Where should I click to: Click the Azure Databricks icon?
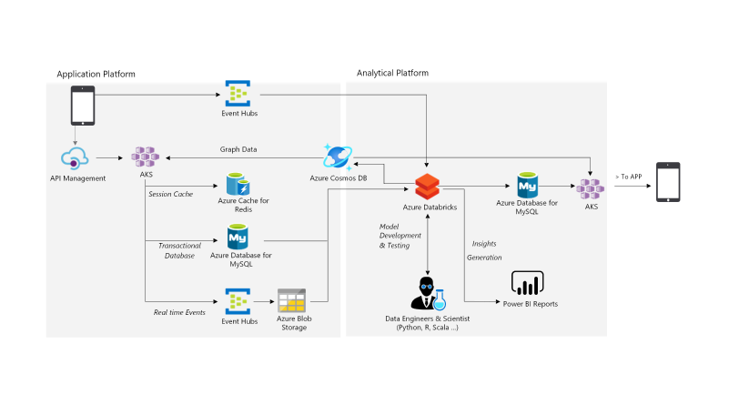(x=429, y=187)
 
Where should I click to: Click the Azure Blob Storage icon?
(x=293, y=300)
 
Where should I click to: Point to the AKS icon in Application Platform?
(x=146, y=157)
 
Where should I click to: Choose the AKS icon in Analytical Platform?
(x=592, y=189)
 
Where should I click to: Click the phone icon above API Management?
(x=83, y=106)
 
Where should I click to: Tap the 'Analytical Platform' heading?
(x=392, y=73)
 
